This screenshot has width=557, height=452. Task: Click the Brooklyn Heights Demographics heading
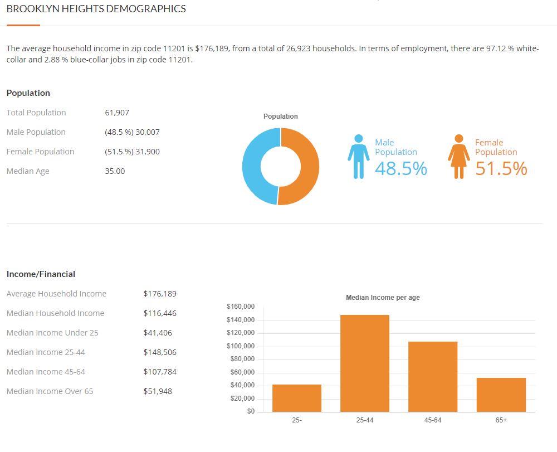pyautogui.click(x=96, y=9)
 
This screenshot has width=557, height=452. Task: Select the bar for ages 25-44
pyautogui.click(x=365, y=363)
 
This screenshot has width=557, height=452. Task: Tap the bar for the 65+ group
pyautogui.click(x=501, y=395)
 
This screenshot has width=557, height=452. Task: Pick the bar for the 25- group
pyautogui.click(x=297, y=398)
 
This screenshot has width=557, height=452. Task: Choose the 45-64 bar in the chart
pyautogui.click(x=433, y=377)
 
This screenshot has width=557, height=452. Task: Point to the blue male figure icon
pyautogui.click(x=358, y=157)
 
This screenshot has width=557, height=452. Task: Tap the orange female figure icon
pyautogui.click(x=458, y=157)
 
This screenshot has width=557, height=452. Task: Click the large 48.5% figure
pyautogui.click(x=401, y=168)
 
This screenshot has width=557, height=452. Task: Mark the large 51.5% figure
pyautogui.click(x=501, y=168)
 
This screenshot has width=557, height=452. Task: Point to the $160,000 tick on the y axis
pyautogui.click(x=241, y=307)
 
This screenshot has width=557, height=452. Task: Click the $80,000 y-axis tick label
pyautogui.click(x=242, y=359)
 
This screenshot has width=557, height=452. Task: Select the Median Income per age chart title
pyautogui.click(x=383, y=298)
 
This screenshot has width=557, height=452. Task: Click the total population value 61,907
pyautogui.click(x=117, y=113)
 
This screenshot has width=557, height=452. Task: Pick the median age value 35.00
pyautogui.click(x=115, y=171)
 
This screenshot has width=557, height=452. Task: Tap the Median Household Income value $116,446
pyautogui.click(x=160, y=313)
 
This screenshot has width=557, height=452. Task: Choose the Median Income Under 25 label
pyautogui.click(x=52, y=333)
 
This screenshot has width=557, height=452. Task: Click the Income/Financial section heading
pyautogui.click(x=41, y=274)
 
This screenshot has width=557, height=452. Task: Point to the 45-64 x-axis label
pyautogui.click(x=433, y=420)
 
